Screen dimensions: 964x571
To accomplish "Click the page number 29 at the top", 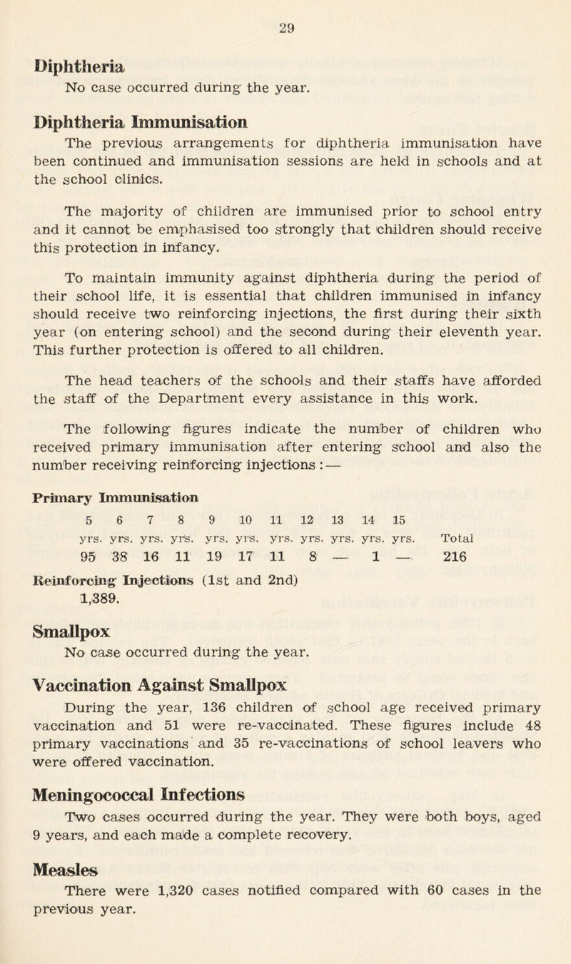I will (x=286, y=11).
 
